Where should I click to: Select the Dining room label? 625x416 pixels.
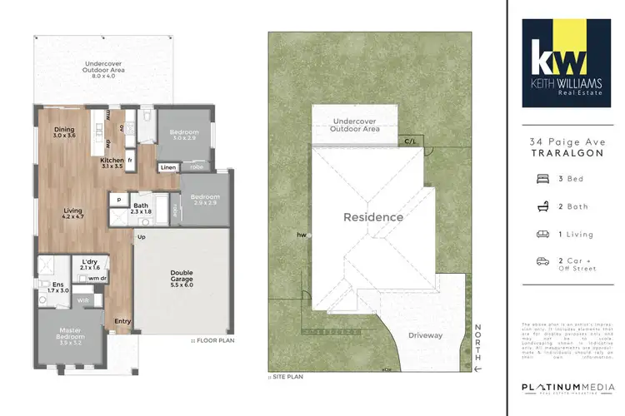coord(64,131)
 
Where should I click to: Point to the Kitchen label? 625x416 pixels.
coord(112,163)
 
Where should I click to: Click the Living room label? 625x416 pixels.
coord(72,215)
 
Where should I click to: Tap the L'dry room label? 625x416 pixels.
coord(90,261)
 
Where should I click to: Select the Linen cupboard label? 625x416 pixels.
coord(167,166)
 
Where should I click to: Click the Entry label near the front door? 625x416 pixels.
coord(122,321)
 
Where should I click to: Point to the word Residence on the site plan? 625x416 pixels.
coord(374,217)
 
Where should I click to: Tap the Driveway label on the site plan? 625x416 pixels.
coord(425,336)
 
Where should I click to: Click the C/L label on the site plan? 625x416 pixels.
coord(410,141)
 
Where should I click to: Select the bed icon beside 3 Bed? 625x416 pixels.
coord(542,178)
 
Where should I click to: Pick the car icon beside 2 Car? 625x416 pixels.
coord(542,261)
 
